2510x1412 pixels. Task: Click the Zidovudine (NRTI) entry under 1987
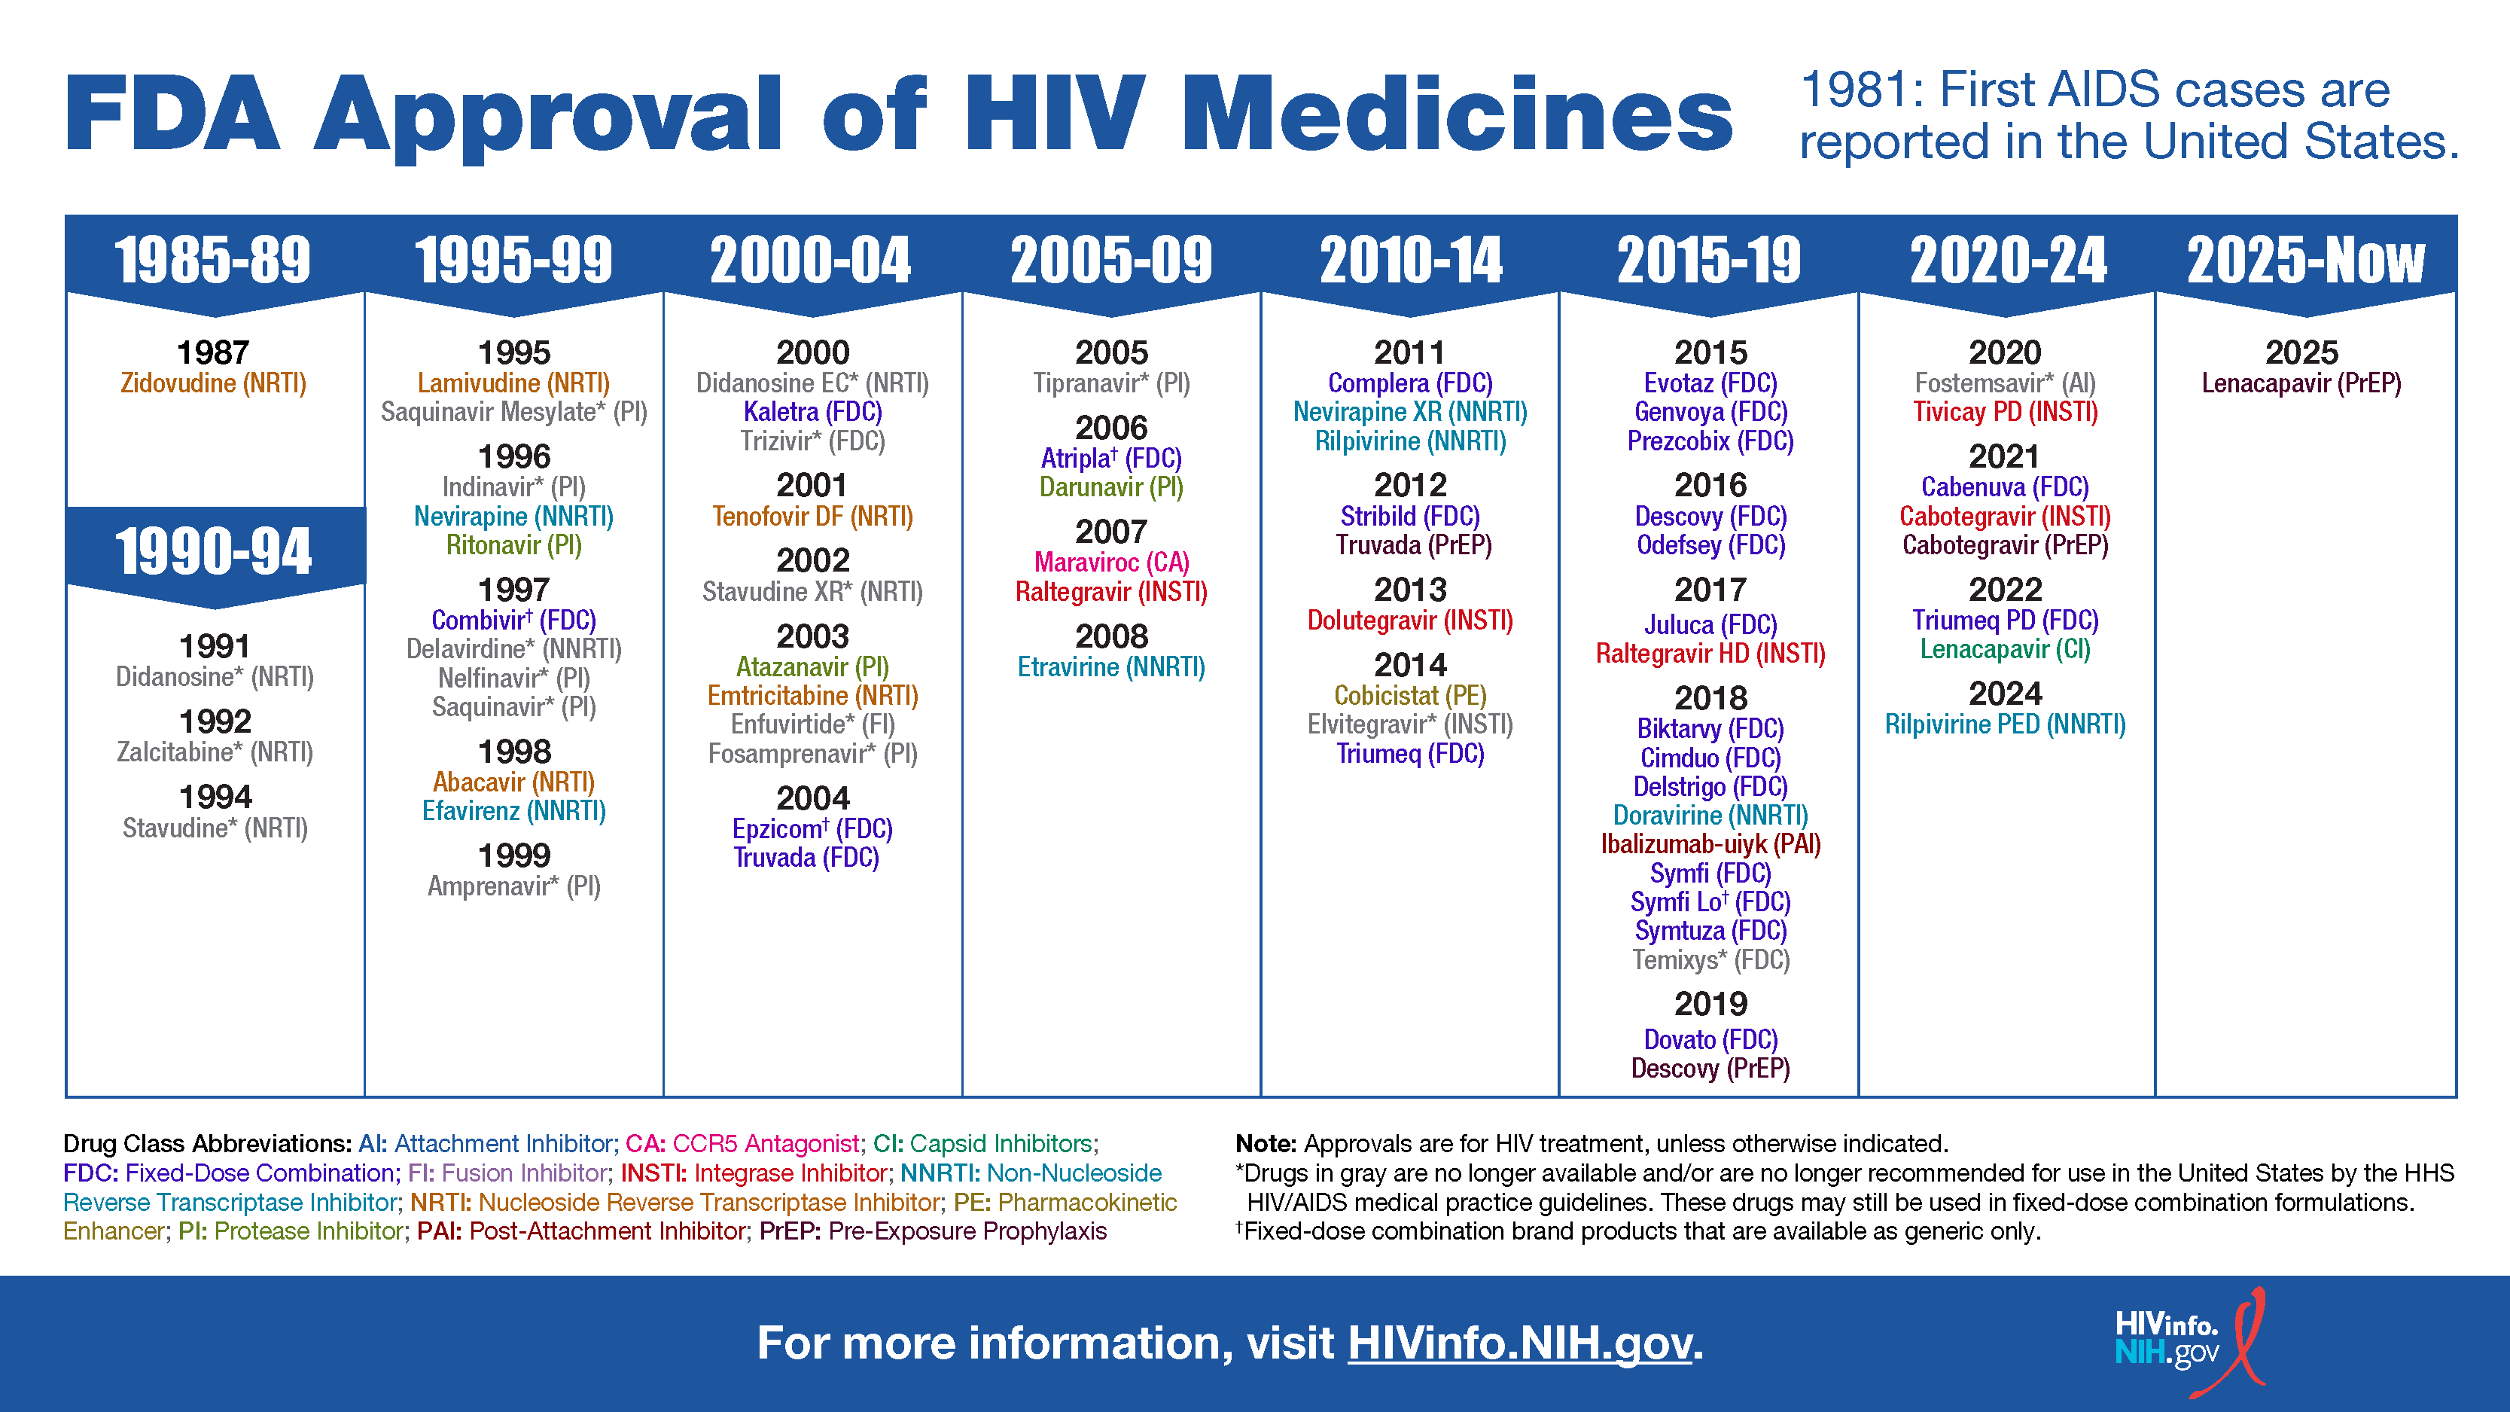(213, 383)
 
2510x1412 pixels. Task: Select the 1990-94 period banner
(213, 550)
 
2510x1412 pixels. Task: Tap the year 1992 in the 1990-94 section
(215, 721)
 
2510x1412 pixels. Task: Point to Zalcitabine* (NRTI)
(215, 752)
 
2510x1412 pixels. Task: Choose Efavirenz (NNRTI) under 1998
(513, 811)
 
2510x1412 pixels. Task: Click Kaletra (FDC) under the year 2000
(812, 412)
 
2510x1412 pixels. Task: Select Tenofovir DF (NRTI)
(812, 517)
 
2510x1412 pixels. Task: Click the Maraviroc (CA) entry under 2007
(1112, 563)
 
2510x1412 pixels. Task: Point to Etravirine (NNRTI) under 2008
(1112, 666)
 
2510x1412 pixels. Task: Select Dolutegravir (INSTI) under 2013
(1410, 620)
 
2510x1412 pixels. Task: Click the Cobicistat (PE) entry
(1410, 696)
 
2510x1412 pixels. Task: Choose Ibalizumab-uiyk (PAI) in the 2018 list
(1710, 844)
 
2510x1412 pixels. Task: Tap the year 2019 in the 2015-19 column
(1710, 1004)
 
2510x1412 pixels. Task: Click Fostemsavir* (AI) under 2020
(2004, 383)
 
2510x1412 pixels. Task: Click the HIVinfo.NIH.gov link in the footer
(1520, 1343)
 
